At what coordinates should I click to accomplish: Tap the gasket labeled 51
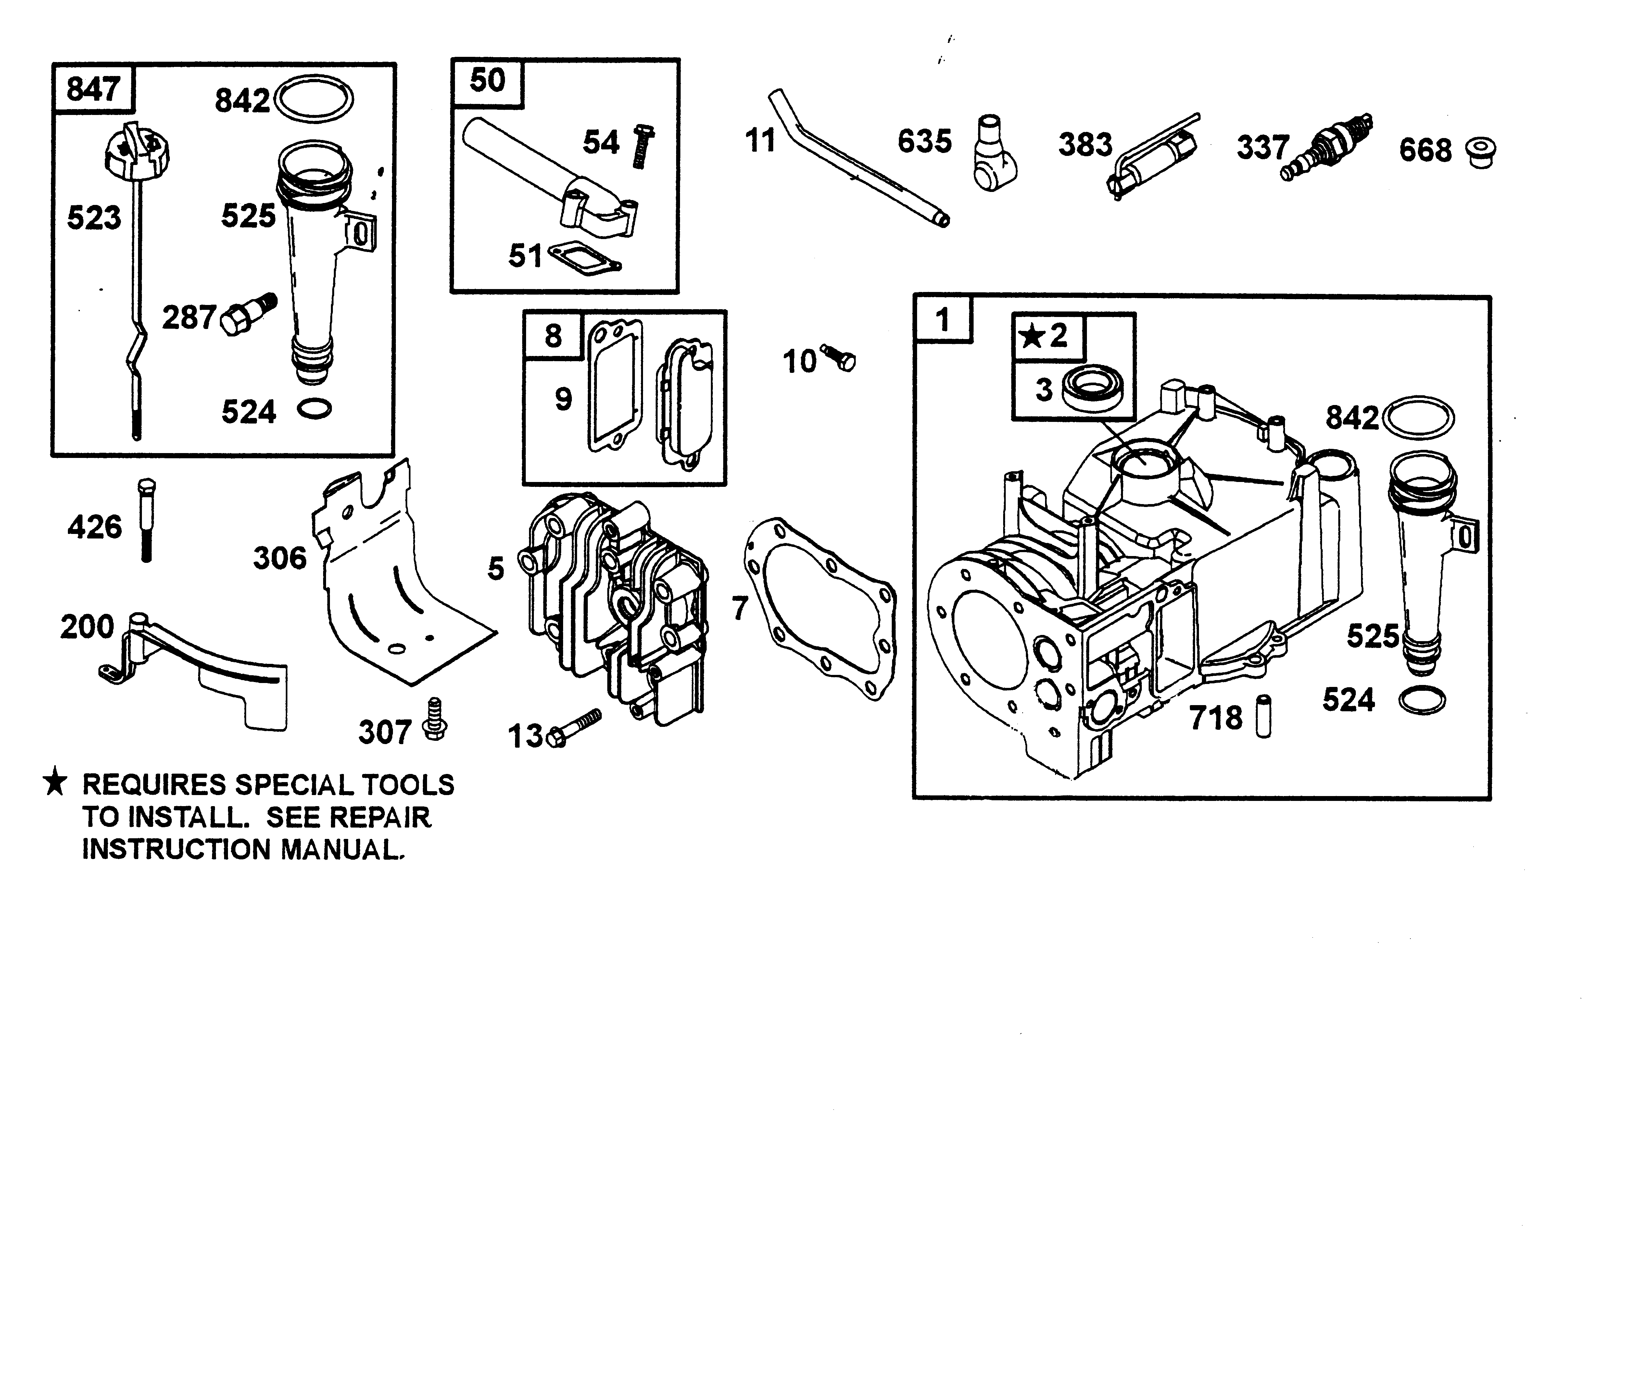(x=585, y=256)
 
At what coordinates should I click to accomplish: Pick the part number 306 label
(x=279, y=558)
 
